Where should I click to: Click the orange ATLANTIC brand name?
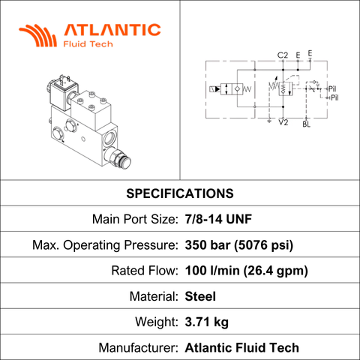(x=112, y=30)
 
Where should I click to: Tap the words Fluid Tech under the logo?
(x=88, y=44)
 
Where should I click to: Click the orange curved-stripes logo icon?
(x=38, y=35)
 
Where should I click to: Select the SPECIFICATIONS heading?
(x=180, y=193)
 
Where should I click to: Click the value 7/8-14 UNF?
(x=218, y=219)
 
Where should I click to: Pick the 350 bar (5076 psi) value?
(x=238, y=245)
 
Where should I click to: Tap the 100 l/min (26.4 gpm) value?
(x=246, y=271)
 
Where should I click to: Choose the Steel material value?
(x=200, y=296)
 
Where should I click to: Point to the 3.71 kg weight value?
(x=206, y=322)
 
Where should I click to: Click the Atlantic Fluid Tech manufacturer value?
(x=241, y=348)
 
